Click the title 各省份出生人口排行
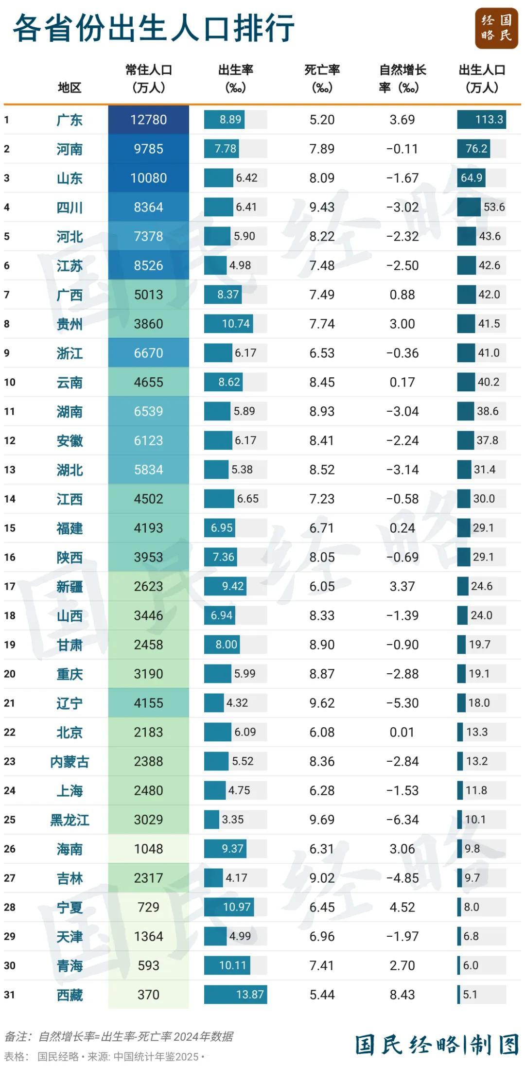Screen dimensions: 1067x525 tap(153, 28)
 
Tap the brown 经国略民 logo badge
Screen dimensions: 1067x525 tap(496, 28)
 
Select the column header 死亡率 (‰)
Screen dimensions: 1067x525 tap(322, 78)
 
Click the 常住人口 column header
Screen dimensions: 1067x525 tap(149, 78)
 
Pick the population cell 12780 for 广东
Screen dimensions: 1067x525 tap(148, 120)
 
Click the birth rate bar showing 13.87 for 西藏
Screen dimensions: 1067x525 tap(236, 995)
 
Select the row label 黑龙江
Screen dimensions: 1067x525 tap(70, 820)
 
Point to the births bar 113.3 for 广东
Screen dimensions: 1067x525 tap(481, 120)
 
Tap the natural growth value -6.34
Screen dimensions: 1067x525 tap(402, 820)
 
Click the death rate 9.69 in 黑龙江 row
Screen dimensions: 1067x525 tap(322, 820)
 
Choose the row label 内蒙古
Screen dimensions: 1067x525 tap(70, 762)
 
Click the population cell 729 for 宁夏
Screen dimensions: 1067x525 tap(148, 907)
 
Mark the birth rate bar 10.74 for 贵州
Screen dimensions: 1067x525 tap(228, 324)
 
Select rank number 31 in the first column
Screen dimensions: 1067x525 tap(10, 995)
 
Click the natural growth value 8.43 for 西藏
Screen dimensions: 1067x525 tap(402, 995)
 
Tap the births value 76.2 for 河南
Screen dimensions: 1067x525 tap(476, 149)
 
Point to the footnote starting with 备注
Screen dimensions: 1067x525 tap(119, 1036)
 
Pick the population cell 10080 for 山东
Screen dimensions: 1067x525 tap(148, 178)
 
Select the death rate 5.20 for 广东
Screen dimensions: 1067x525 tap(322, 120)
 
